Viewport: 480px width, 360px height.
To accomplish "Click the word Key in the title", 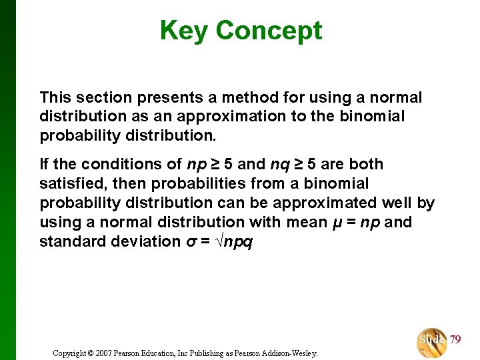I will [185, 31].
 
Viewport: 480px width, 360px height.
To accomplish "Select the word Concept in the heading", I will [269, 31].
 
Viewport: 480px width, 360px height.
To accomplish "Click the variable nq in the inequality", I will [279, 164].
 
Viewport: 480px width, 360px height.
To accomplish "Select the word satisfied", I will [71, 183].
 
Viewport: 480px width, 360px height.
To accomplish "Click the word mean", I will [304, 222].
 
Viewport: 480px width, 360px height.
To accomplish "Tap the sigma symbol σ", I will [190, 242].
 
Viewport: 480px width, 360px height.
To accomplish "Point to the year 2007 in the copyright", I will [104, 353].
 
